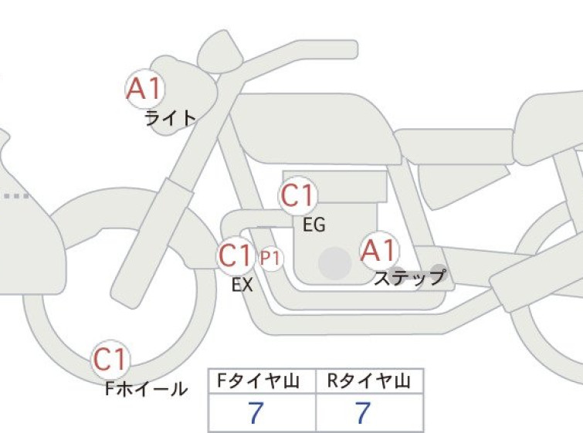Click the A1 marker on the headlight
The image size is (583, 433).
[x=144, y=89]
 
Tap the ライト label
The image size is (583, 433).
[x=171, y=119]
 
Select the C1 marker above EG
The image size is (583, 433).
[x=298, y=196]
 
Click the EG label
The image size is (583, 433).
[x=314, y=225]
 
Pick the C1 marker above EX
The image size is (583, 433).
[x=236, y=255]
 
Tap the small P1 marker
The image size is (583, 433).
[x=271, y=258]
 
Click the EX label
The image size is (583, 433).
[x=242, y=285]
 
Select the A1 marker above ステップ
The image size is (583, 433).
[x=379, y=250]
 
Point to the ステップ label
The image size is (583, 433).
[x=410, y=277]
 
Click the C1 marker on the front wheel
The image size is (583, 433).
[x=110, y=360]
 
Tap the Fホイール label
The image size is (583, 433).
[x=146, y=389]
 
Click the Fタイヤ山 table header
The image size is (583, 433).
[x=259, y=381]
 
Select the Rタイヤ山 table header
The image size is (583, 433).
[x=369, y=381]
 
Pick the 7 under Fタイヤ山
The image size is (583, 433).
[x=255, y=412]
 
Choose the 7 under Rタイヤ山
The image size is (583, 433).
[x=362, y=412]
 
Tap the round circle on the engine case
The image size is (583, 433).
[x=335, y=263]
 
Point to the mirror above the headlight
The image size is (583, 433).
[x=220, y=51]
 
